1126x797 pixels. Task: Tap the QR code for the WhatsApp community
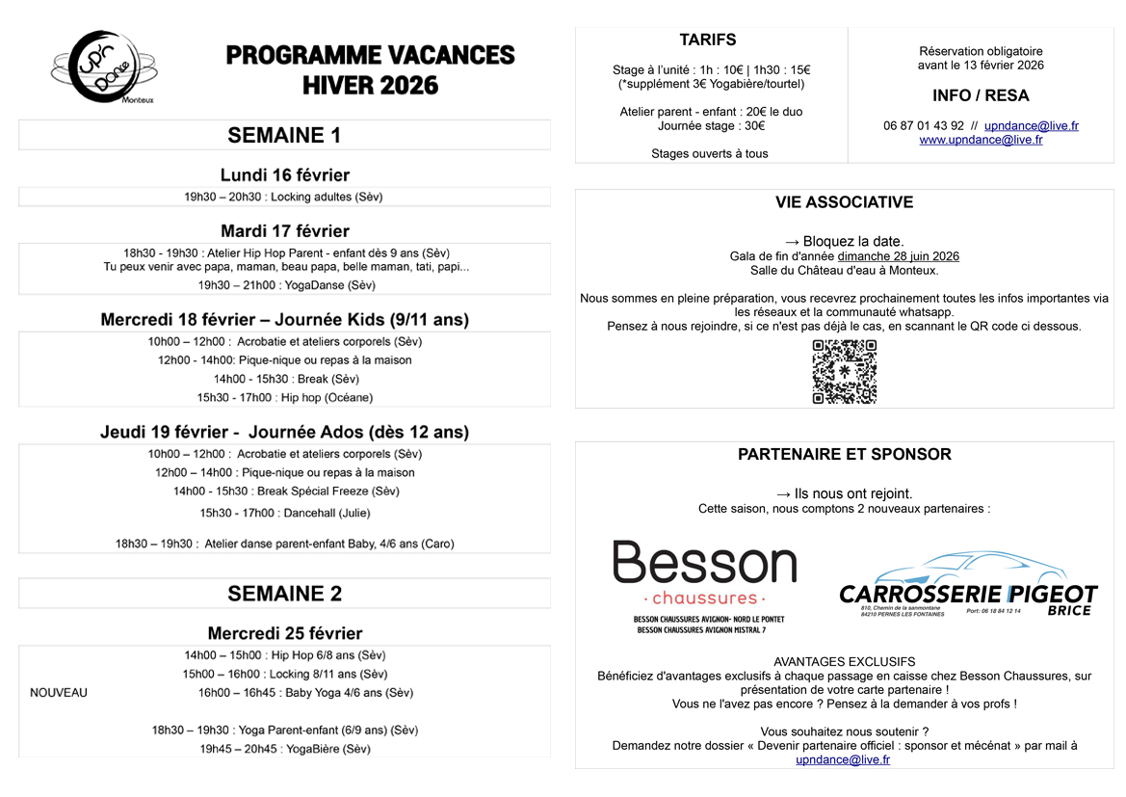[x=844, y=371]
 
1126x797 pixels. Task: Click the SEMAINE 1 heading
[x=284, y=136]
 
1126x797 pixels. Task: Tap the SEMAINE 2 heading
[x=284, y=593]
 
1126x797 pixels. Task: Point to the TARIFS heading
[x=708, y=40]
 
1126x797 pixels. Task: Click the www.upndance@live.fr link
[x=981, y=140]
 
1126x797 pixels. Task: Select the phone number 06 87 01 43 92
[x=923, y=125]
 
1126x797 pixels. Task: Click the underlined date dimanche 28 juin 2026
[x=898, y=256]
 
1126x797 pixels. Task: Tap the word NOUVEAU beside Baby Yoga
[x=59, y=693]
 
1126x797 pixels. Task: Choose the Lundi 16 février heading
[x=284, y=175]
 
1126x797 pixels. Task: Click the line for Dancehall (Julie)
[x=284, y=513]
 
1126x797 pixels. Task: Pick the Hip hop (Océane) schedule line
[x=284, y=397]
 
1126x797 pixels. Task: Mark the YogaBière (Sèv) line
[x=284, y=749]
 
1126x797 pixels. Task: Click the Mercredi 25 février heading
[x=284, y=633]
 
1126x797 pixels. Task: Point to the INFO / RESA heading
[x=981, y=95]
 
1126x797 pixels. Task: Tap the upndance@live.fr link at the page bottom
[x=843, y=759]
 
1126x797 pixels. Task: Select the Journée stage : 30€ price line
[x=711, y=125]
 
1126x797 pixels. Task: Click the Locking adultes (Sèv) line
[x=284, y=197]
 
